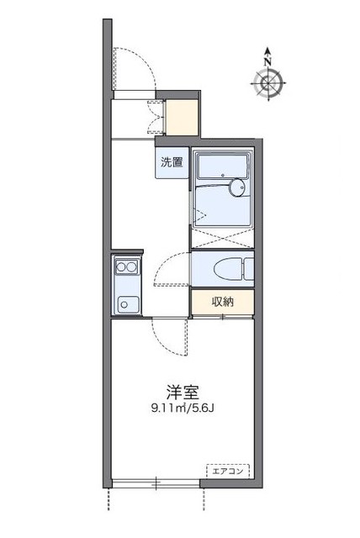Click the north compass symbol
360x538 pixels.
point(267,82)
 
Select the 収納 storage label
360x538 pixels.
point(222,302)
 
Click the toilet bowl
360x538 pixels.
point(225,269)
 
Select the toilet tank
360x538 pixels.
point(247,269)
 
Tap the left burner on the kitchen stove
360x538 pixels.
point(121,268)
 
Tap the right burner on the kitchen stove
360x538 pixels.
point(133,268)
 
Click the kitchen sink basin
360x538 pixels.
point(127,303)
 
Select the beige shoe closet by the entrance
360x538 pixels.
point(182,117)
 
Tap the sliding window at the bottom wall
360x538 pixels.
point(156,483)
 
